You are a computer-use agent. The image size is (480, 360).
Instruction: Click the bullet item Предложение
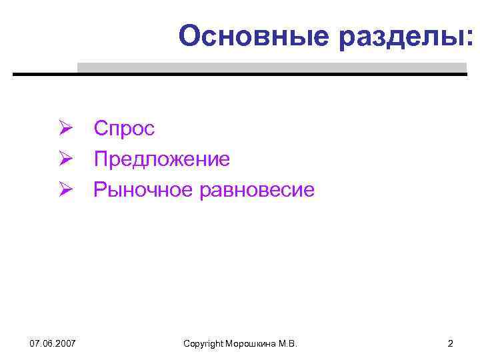162,159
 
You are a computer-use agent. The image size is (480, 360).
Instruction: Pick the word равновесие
257,191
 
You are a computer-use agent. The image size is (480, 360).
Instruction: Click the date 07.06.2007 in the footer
53,343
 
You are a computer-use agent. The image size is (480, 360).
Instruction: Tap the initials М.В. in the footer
287,343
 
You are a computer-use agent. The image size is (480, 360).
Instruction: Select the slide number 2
450,343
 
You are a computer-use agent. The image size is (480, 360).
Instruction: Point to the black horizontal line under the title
240,74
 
